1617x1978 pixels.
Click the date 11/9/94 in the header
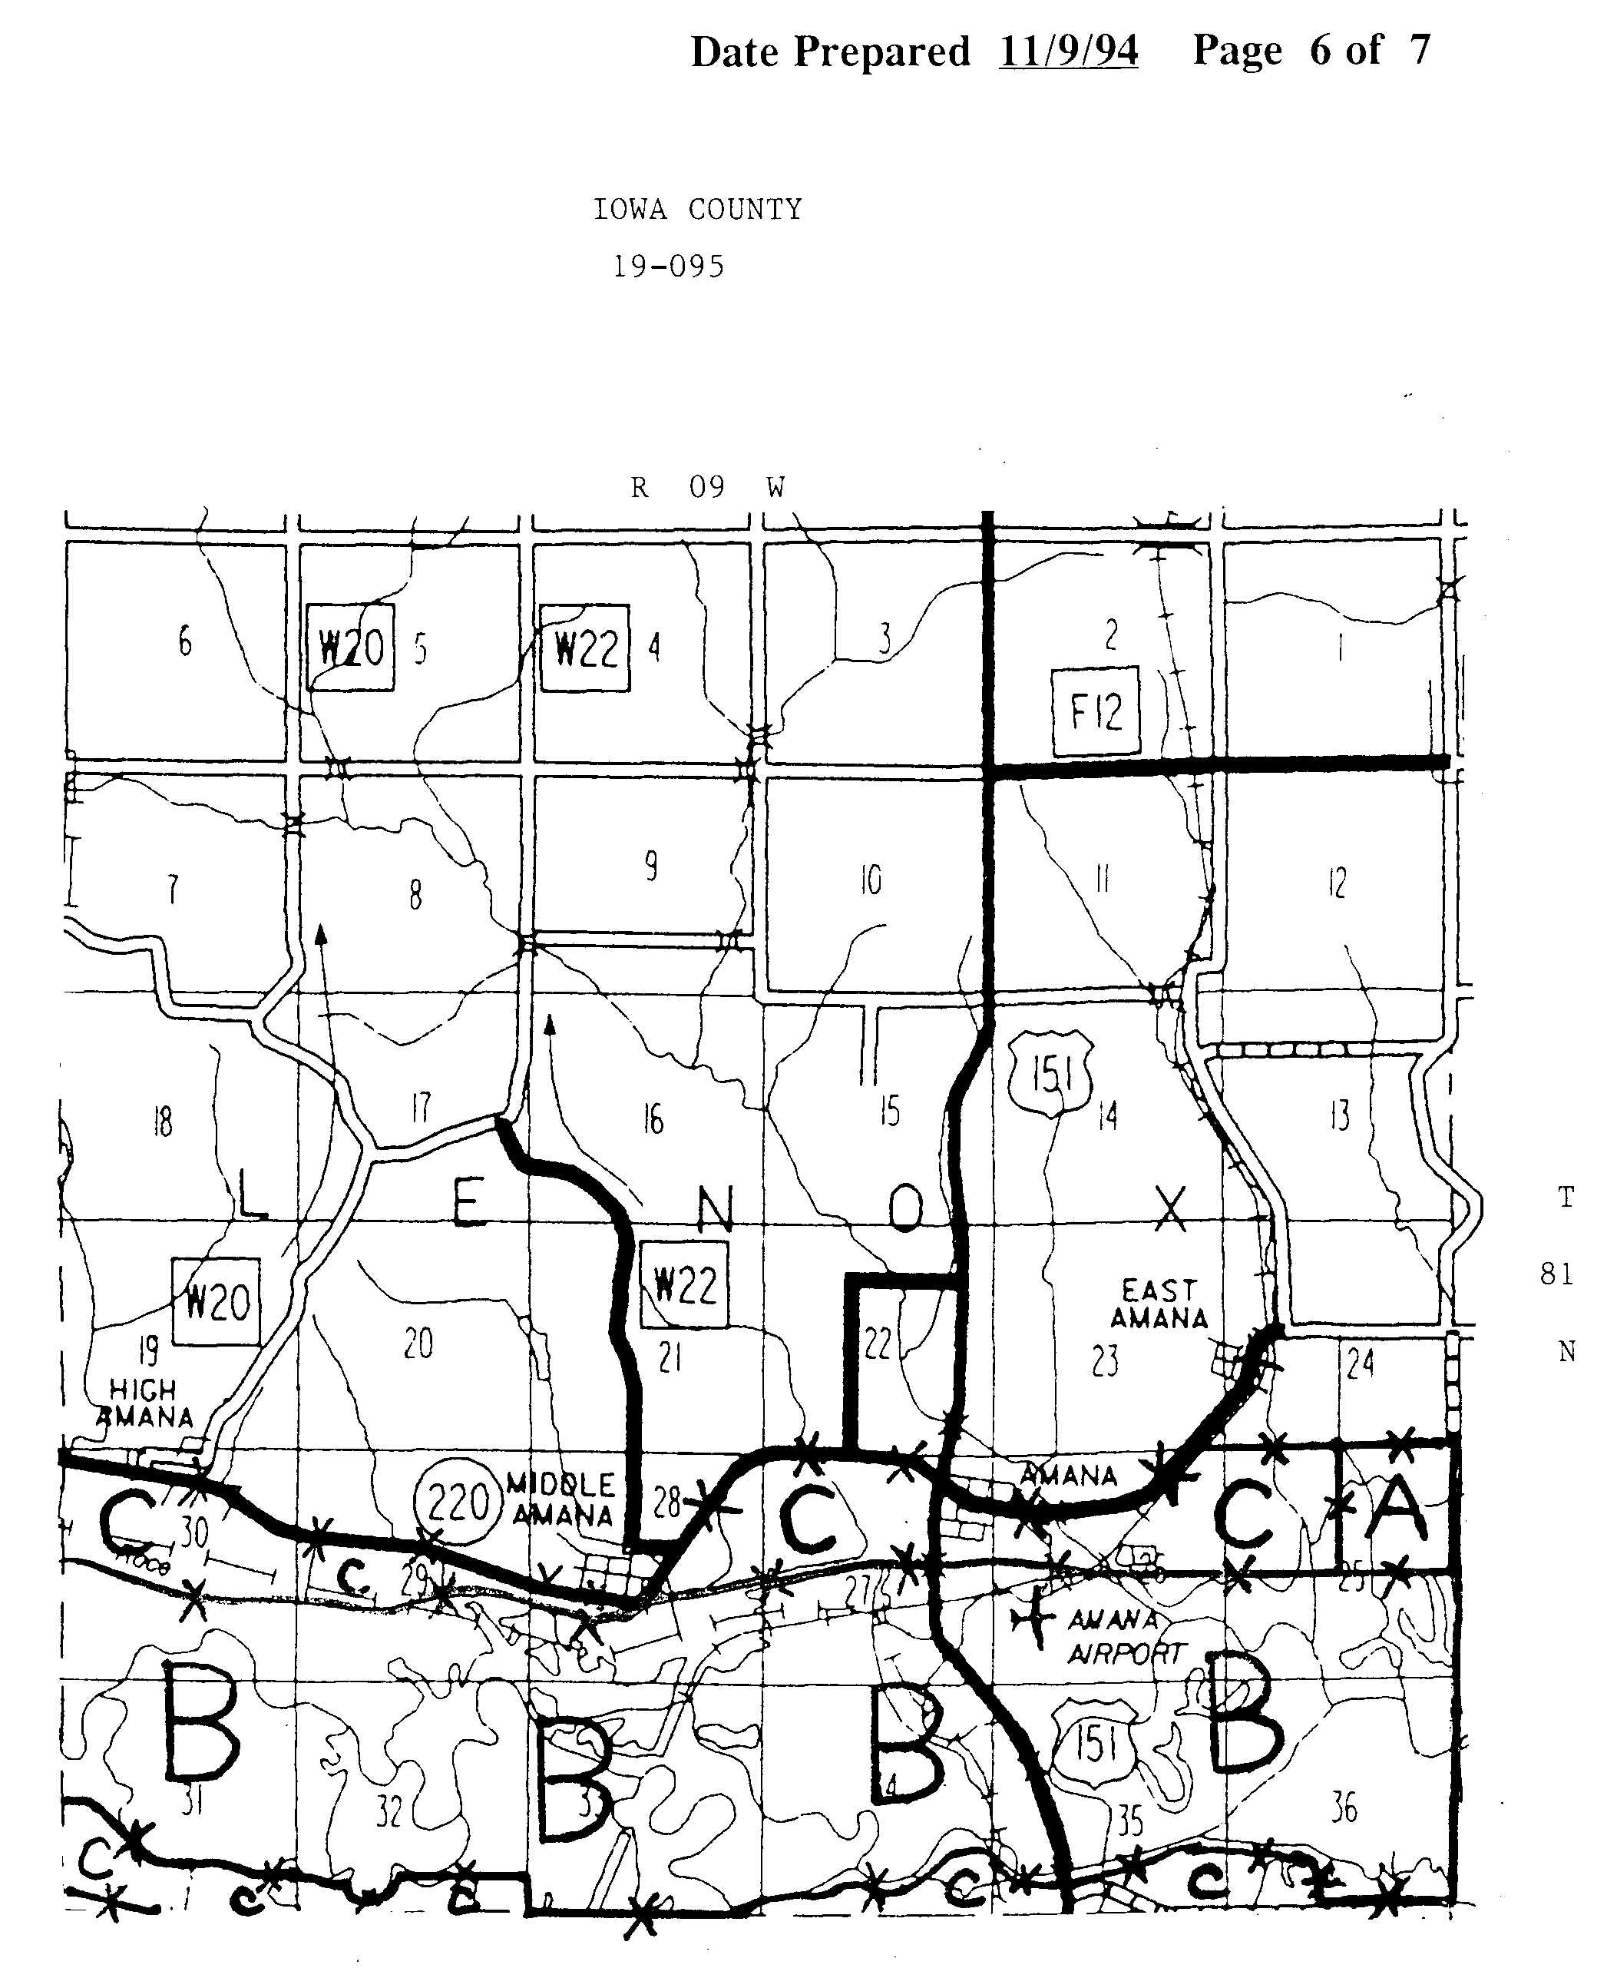pyautogui.click(x=1067, y=51)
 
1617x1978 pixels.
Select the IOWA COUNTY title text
pyautogui.click(x=698, y=210)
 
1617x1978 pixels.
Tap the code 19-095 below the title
pyautogui.click(x=668, y=267)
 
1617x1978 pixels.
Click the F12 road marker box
pyautogui.click(x=1096, y=712)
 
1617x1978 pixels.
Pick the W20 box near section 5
pyautogui.click(x=350, y=648)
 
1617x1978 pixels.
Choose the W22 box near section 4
pyautogui.click(x=585, y=648)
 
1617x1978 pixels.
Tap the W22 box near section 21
pyautogui.click(x=685, y=1286)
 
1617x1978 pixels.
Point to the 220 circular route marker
pyautogui.click(x=458, y=1503)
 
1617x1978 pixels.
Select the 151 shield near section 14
pyautogui.click(x=1052, y=1074)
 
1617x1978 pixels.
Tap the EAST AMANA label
pyautogui.click(x=1159, y=1304)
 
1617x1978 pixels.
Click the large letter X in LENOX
pyautogui.click(x=1171, y=1208)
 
